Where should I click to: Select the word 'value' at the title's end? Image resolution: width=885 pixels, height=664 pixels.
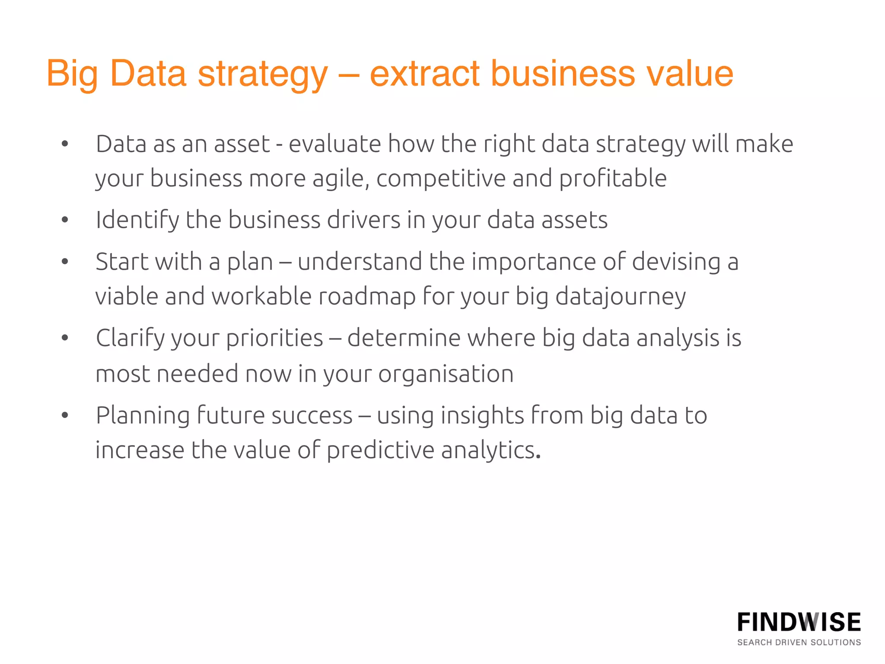tap(690, 73)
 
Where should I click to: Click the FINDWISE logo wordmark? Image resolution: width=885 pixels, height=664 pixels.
tap(799, 622)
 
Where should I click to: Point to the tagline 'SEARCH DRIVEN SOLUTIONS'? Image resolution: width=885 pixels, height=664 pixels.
tap(799, 642)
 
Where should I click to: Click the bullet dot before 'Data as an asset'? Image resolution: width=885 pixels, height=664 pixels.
tap(65, 144)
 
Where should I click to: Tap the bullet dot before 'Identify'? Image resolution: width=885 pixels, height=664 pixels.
tap(65, 220)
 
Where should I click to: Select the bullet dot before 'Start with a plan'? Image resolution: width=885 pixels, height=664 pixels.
tap(65, 262)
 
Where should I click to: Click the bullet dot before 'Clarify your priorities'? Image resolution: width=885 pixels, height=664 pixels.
tap(65, 338)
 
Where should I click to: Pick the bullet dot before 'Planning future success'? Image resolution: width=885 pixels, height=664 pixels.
tap(65, 415)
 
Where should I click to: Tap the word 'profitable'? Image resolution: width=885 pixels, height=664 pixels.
tap(613, 179)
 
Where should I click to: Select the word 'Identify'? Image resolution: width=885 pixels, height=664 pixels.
tap(137, 220)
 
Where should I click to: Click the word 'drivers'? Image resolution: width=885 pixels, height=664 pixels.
tap(363, 220)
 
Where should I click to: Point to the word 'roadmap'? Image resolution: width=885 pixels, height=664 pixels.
tap(367, 297)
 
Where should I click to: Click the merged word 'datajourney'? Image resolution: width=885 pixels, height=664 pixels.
tap(620, 297)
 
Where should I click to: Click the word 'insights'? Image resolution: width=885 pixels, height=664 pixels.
tap(482, 415)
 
